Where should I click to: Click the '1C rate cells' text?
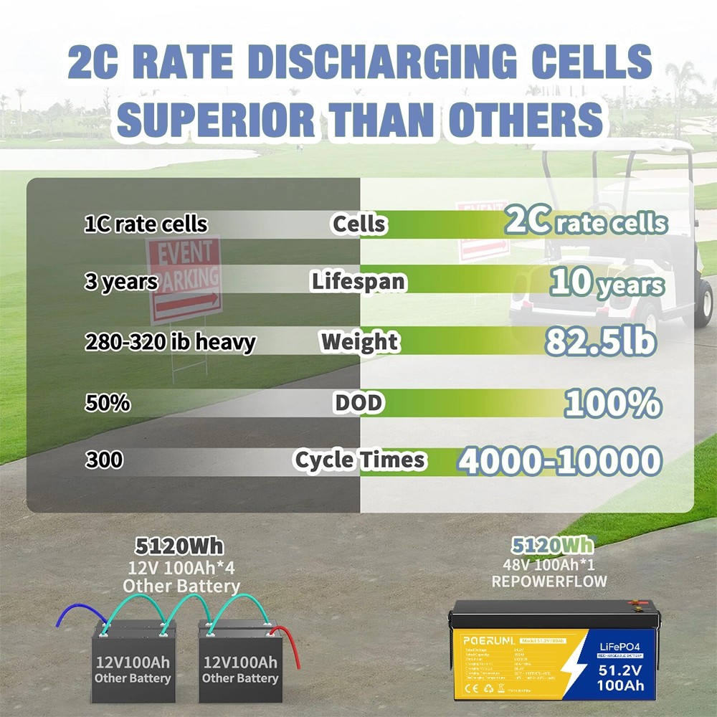point(146,224)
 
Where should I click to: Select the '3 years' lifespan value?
point(120,282)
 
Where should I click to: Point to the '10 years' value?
point(607,282)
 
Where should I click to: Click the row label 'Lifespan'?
point(358,282)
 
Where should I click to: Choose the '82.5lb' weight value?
point(601,342)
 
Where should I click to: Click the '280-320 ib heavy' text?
point(170,342)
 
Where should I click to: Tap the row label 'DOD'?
point(358,403)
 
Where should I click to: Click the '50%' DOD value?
point(108,403)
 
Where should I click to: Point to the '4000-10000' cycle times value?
point(559,461)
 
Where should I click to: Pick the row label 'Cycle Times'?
point(359,460)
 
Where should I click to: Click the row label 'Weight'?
point(360,342)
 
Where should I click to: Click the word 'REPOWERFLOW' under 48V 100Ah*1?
point(549,581)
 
